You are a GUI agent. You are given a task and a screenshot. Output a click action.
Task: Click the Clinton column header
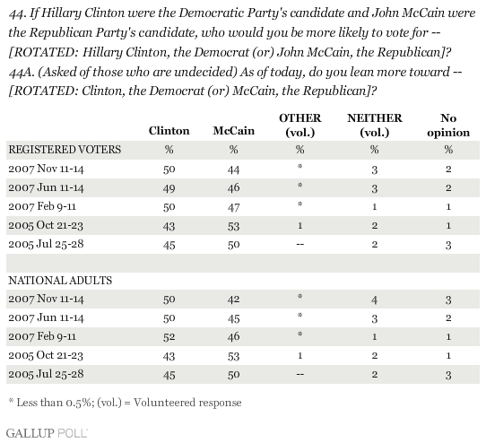click(169, 131)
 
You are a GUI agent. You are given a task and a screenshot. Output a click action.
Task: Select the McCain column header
click(234, 131)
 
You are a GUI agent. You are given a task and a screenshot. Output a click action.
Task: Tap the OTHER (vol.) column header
click(300, 125)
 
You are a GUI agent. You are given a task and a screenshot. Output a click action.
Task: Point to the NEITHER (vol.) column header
click(375, 125)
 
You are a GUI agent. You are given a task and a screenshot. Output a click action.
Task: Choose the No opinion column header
click(448, 126)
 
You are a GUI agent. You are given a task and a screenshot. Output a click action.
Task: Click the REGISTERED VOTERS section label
click(65, 150)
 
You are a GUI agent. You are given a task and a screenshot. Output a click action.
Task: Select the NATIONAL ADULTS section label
click(60, 281)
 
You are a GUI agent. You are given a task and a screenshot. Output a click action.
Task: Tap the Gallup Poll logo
click(47, 433)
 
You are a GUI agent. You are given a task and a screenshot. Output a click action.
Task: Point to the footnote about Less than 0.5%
click(125, 403)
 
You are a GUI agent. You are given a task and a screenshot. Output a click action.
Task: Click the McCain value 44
click(233, 169)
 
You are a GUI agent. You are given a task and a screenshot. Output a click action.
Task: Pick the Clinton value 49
click(169, 188)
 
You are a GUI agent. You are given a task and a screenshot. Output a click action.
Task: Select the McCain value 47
click(233, 207)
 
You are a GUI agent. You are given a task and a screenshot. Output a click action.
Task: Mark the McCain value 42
click(233, 300)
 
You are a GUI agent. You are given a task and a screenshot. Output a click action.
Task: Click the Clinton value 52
click(169, 336)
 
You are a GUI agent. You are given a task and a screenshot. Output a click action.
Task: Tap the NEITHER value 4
click(375, 300)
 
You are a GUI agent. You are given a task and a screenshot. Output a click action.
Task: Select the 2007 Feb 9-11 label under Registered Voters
click(42, 206)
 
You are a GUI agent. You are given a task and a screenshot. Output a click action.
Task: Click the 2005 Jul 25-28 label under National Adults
click(46, 374)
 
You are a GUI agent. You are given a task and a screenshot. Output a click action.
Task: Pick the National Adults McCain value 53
click(233, 356)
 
